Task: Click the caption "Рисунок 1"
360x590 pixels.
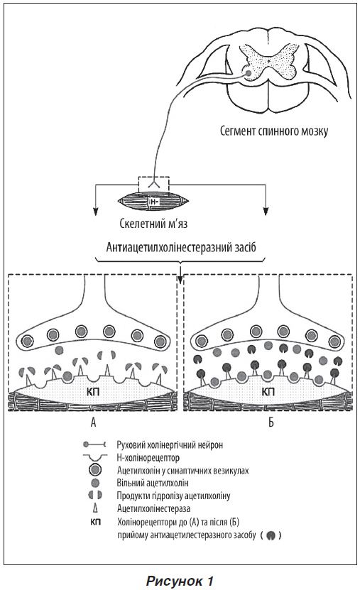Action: click(x=180, y=580)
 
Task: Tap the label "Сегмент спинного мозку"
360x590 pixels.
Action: click(x=274, y=131)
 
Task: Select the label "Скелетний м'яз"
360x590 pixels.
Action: click(x=153, y=224)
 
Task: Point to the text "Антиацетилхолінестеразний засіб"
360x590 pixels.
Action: click(x=181, y=248)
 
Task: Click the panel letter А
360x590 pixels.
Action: click(x=93, y=422)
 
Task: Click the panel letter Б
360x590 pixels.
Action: click(x=271, y=422)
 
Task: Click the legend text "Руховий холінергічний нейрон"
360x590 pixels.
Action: click(x=170, y=444)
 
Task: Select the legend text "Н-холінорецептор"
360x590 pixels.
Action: click(x=148, y=457)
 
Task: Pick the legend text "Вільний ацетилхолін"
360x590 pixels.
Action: click(x=153, y=483)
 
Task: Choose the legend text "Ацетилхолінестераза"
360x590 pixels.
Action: click(x=153, y=508)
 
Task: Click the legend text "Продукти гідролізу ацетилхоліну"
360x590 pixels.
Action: click(x=173, y=496)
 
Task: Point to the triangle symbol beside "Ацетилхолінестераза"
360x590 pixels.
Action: click(x=95, y=508)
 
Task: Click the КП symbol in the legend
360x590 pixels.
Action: click(x=96, y=522)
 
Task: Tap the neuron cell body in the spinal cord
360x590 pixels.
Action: click(x=249, y=73)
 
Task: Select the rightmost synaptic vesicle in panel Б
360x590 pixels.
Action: click(x=334, y=342)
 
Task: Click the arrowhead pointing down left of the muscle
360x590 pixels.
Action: click(x=96, y=211)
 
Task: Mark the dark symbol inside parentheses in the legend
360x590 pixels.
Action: click(x=270, y=535)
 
